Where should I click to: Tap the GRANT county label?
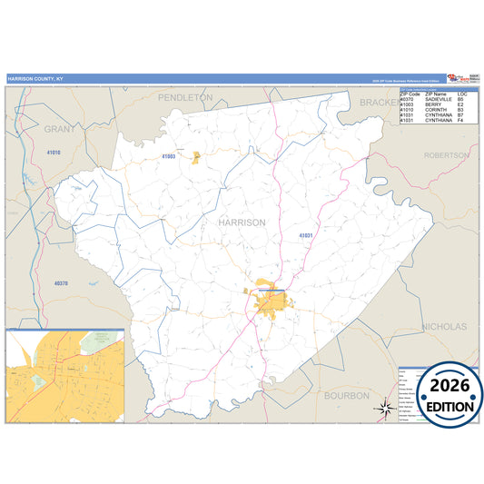[x=60, y=129]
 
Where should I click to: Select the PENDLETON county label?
[x=185, y=96]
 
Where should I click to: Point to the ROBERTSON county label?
[x=446, y=155]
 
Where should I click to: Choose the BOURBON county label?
[x=347, y=395]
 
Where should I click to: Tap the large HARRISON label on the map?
[x=242, y=222]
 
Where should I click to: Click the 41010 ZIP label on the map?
[x=53, y=153]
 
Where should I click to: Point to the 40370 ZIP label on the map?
[x=61, y=284]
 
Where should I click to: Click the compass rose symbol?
[x=381, y=409]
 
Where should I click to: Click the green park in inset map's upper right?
[x=97, y=341]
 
